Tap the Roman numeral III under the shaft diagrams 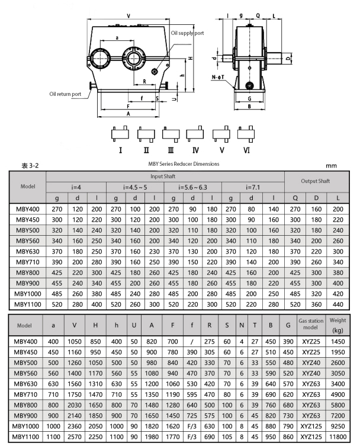tap(171, 149)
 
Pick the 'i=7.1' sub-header tap(253, 187)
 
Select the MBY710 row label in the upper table tap(27, 262)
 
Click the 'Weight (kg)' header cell tap(337, 325)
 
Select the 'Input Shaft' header tap(164, 177)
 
